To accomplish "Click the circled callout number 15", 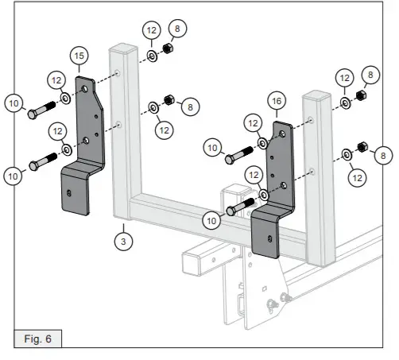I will click(79, 56).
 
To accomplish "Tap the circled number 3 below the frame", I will click(122, 238).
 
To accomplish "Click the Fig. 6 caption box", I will click(37, 339).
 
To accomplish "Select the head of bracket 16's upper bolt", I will click(229, 159).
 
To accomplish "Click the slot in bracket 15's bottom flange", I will click(70, 192).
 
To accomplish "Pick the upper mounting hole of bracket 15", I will click(84, 90).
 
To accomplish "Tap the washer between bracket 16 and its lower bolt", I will click(263, 195).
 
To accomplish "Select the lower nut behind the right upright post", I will click(362, 147).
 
